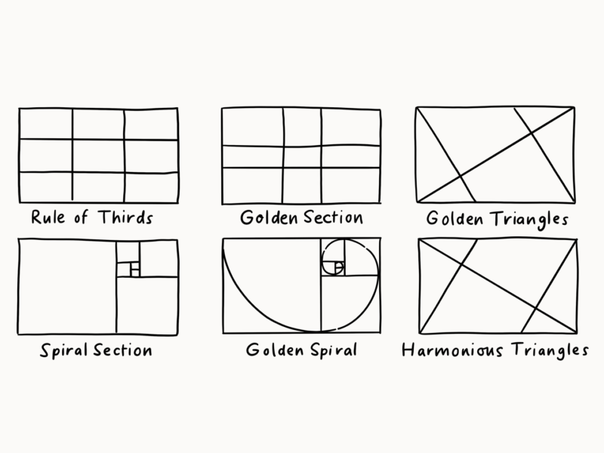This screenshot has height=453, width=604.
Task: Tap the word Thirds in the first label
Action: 125,218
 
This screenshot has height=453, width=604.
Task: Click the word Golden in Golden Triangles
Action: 454,220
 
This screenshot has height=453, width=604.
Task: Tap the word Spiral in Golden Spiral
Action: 328,351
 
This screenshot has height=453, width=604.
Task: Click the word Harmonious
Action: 447,351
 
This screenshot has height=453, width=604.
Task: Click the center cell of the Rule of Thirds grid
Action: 98,156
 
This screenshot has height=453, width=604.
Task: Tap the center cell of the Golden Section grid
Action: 302,156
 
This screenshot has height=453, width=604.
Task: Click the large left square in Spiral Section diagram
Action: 66,287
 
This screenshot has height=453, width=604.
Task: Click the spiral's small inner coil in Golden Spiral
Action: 334,264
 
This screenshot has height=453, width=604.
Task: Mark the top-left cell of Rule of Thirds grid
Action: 45,124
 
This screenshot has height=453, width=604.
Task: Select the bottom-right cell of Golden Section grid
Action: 350,185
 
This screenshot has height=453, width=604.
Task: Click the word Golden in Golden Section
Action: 265,218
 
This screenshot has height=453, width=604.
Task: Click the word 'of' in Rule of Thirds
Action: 82,218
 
